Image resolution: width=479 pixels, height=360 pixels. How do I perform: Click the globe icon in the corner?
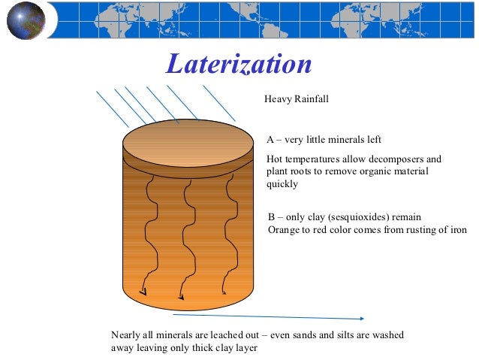click(26, 20)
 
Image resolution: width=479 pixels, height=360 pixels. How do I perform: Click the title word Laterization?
click(239, 65)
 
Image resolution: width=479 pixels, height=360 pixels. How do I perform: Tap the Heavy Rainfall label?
click(297, 99)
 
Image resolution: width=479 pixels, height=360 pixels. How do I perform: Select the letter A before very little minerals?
click(270, 140)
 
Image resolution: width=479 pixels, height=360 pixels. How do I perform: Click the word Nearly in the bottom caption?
click(125, 335)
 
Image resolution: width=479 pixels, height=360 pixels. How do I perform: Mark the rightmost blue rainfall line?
click(218, 103)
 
